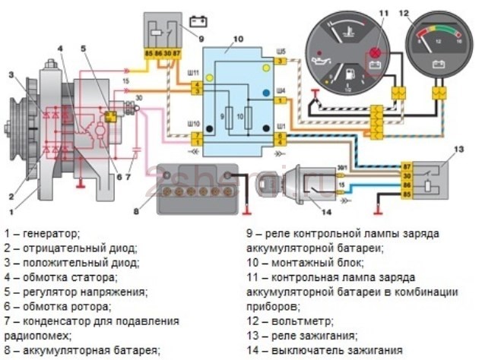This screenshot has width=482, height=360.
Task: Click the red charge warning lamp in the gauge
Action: tap(373, 54)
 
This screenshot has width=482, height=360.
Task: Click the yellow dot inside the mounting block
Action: tap(266, 68)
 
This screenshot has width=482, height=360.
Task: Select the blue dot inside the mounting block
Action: tap(266, 93)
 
